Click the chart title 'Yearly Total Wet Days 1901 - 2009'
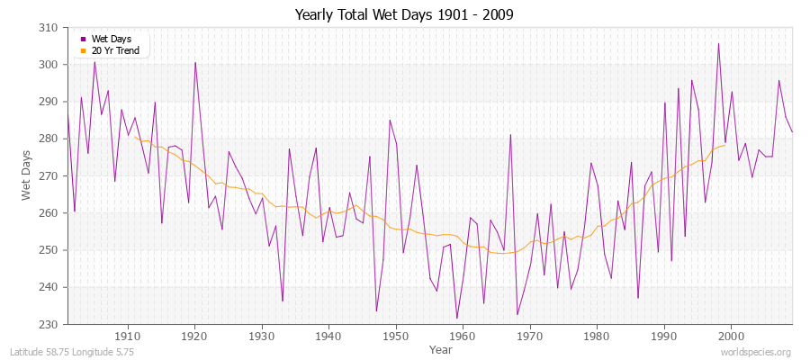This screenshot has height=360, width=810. pyautogui.click(x=404, y=15)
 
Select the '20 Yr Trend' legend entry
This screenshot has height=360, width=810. pyautogui.click(x=114, y=51)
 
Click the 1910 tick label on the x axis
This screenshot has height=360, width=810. pyautogui.click(x=128, y=335)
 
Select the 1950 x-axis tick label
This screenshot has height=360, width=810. pyautogui.click(x=396, y=335)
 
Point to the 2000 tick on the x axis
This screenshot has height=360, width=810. pyautogui.click(x=731, y=335)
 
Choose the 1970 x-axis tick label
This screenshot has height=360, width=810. pyautogui.click(x=530, y=335)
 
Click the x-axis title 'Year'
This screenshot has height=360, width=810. pyautogui.click(x=441, y=348)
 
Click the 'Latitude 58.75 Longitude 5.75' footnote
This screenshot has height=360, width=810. pyautogui.click(x=72, y=353)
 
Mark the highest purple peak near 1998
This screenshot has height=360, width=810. pyautogui.click(x=718, y=43)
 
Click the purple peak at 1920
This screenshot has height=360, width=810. pyautogui.click(x=194, y=62)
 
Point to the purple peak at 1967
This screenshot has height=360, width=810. pyautogui.click(x=510, y=135)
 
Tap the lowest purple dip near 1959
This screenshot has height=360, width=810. pyautogui.click(x=456, y=318)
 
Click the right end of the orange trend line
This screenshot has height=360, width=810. pyautogui.click(x=725, y=145)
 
